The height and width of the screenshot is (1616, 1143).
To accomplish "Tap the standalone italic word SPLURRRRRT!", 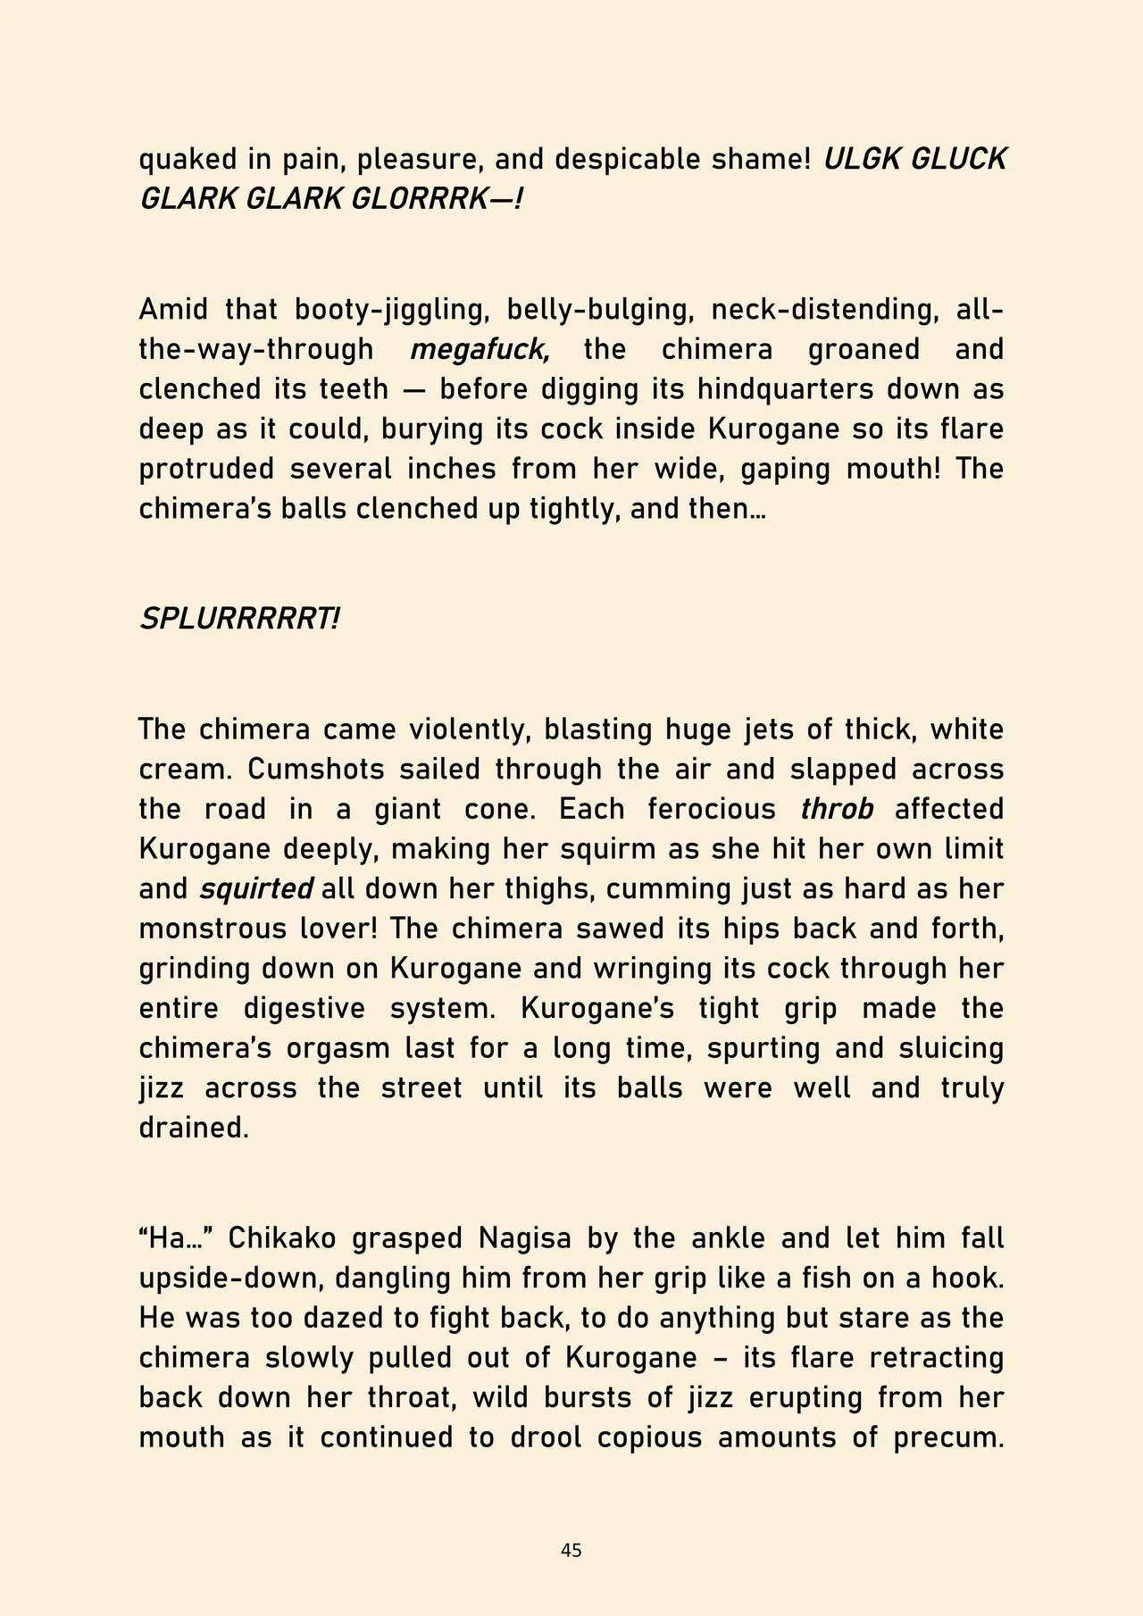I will tap(239, 619).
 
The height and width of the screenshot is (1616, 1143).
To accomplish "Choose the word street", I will tap(421, 1088).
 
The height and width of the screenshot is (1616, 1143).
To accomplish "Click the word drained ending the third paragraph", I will tap(193, 1128).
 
